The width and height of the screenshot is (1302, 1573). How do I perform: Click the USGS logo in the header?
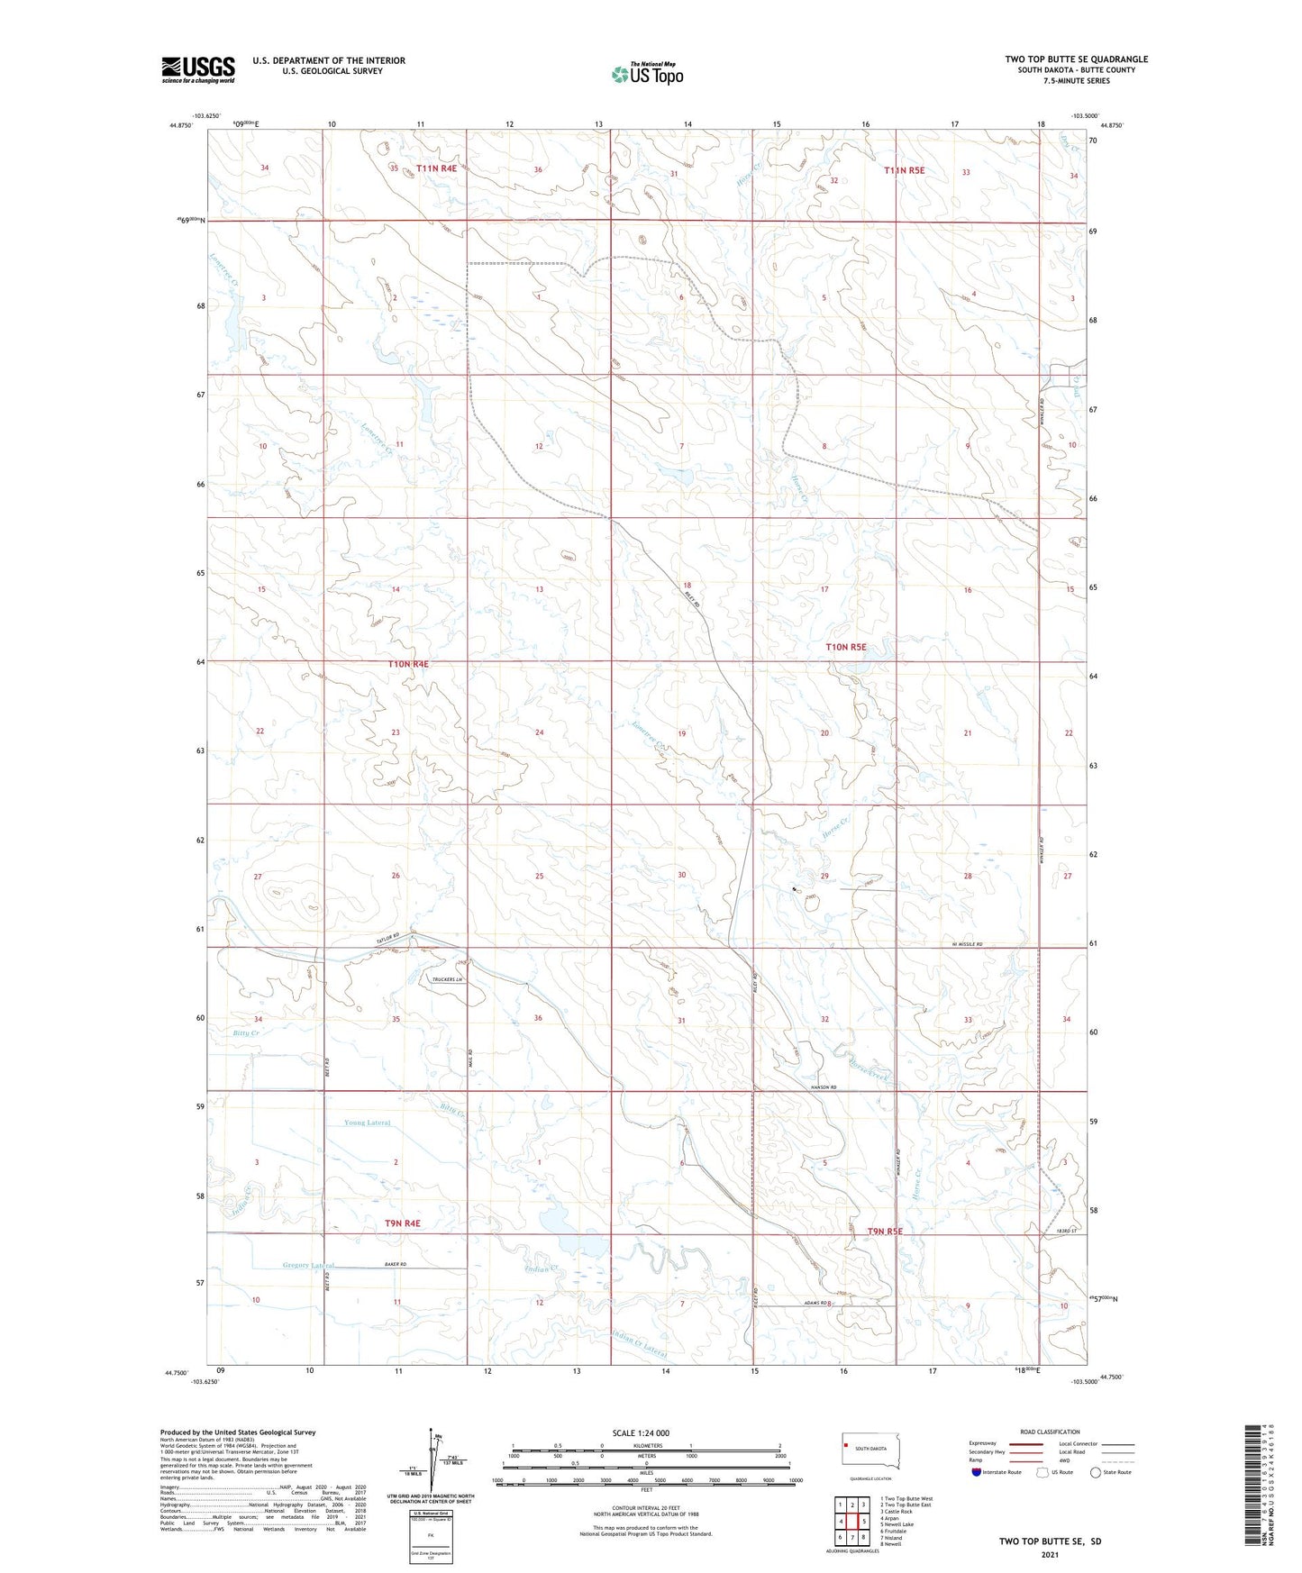pos(198,69)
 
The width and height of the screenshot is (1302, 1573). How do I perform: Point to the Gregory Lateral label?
pos(308,1266)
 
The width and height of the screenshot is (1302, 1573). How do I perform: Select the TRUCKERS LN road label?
pos(447,979)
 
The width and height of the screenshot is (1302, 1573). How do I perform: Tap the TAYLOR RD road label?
pos(388,939)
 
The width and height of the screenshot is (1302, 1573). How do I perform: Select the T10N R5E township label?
pos(846,647)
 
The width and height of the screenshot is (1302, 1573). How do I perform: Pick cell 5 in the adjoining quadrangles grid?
pos(863,1522)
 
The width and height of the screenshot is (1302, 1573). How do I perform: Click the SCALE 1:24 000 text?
pos(641,1433)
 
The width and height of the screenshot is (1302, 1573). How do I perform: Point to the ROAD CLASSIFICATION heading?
pos(1050,1432)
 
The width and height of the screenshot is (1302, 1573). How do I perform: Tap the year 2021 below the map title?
pos(1050,1555)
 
